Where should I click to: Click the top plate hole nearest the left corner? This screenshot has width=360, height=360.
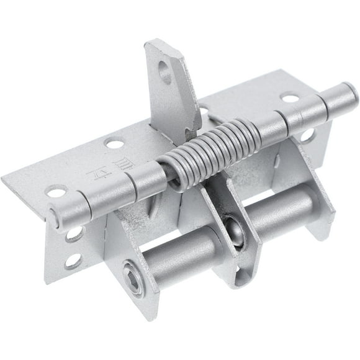coord(56,192)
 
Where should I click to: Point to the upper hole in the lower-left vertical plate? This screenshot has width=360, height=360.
coord(74,235)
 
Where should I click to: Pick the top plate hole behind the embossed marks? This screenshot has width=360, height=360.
coord(114,144)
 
